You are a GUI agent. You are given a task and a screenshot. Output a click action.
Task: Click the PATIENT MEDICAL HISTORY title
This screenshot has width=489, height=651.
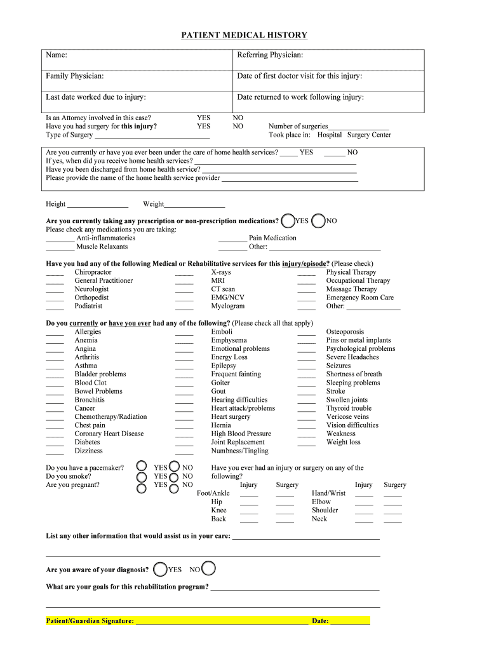[x=244, y=36]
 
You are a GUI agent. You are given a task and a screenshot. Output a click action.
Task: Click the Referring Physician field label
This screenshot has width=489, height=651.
[x=270, y=55]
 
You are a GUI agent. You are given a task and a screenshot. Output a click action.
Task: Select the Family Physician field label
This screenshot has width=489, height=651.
[x=75, y=76]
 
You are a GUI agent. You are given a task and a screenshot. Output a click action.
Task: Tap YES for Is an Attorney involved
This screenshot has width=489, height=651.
[x=203, y=118]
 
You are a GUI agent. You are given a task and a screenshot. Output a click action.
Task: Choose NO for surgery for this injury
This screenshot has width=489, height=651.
[x=238, y=126]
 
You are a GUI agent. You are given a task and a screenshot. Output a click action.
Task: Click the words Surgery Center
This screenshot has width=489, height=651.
[x=369, y=135]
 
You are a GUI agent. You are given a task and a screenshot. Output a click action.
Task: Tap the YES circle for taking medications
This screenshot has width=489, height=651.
[x=288, y=221]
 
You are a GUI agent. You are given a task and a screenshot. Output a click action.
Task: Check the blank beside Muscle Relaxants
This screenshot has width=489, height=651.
[x=60, y=247]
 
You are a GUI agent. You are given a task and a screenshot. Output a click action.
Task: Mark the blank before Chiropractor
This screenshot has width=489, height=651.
[x=55, y=272]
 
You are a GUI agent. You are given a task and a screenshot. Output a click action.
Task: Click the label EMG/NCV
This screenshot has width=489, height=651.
[x=227, y=298]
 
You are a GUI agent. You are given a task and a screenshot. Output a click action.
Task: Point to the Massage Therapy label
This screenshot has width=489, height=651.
[x=351, y=289]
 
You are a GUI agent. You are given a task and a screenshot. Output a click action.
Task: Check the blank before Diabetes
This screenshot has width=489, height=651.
[x=55, y=442]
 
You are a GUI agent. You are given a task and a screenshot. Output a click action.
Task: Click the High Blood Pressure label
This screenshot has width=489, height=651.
[x=241, y=434]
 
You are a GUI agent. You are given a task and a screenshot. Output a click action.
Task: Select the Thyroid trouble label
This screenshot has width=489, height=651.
[x=349, y=408]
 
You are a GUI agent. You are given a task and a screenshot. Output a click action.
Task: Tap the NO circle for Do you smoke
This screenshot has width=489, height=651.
[x=174, y=476]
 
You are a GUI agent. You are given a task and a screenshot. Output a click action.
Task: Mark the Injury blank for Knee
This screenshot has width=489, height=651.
[x=249, y=511]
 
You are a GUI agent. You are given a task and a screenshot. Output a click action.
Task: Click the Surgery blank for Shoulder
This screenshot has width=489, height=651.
[x=392, y=511]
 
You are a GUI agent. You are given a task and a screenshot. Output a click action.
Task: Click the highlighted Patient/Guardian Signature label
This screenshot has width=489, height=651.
[x=90, y=620]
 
